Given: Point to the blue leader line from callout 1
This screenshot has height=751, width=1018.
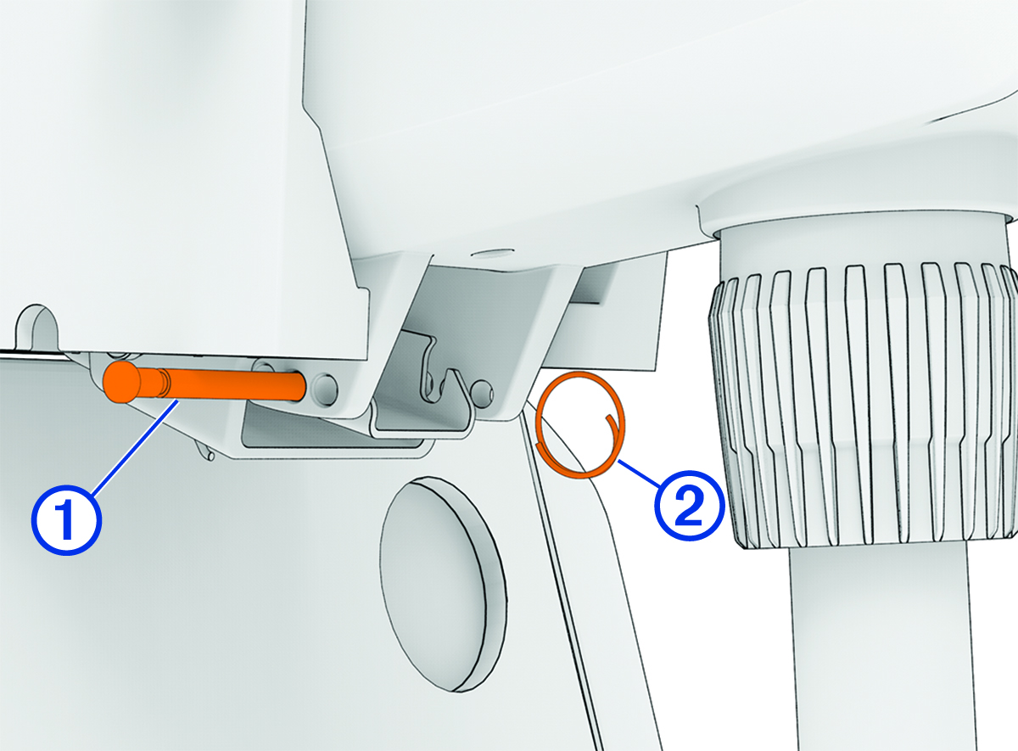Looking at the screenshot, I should (x=136, y=446).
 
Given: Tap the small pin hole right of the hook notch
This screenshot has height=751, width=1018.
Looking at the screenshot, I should (x=482, y=390).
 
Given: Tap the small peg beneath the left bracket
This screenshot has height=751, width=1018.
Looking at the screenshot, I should (x=204, y=450).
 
